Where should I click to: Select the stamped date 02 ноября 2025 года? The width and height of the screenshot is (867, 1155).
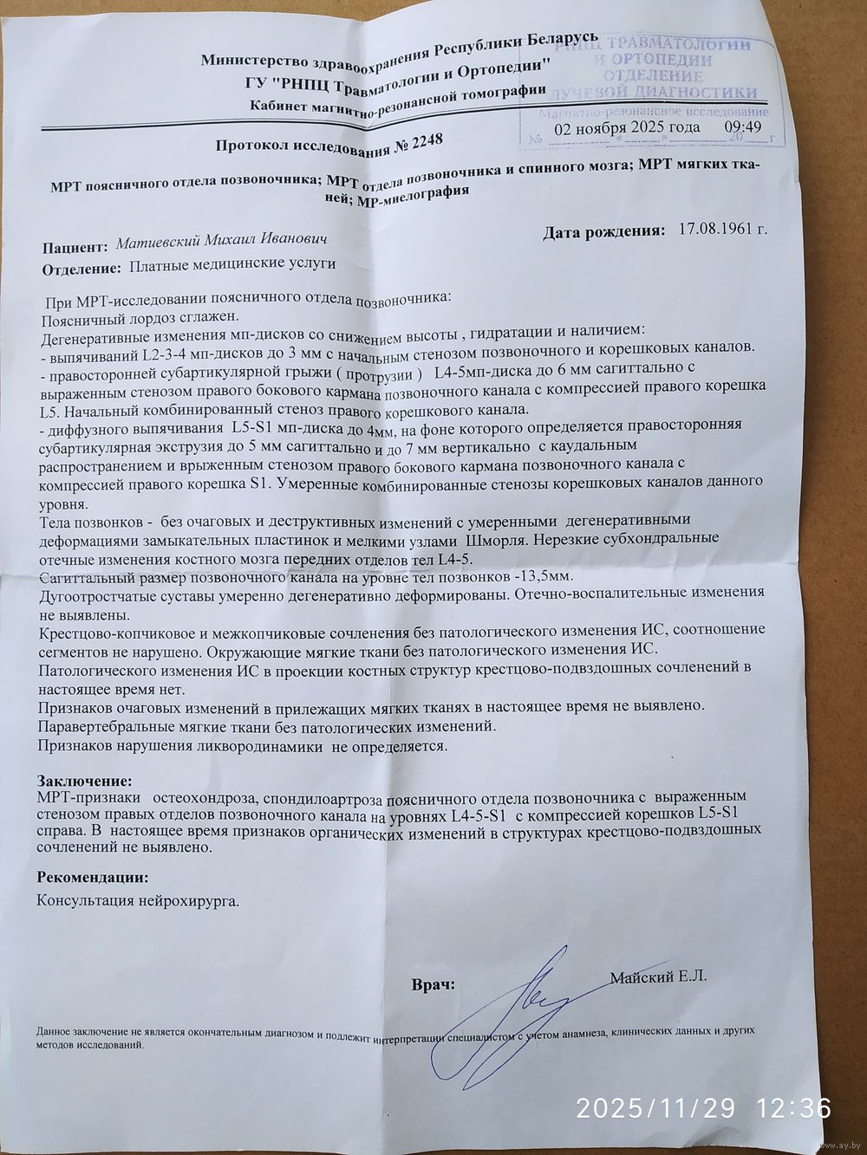[x=628, y=127]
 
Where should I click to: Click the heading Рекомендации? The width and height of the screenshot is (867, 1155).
[x=92, y=877]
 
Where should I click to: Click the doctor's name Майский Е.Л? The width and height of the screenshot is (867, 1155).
[x=659, y=977]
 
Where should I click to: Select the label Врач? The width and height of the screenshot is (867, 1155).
[x=433, y=985]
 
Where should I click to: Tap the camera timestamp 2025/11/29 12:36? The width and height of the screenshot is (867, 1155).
[x=704, y=1107]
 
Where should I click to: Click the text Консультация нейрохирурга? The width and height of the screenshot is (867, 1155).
[x=137, y=899]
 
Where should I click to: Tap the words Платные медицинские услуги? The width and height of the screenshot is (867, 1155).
[x=231, y=265]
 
